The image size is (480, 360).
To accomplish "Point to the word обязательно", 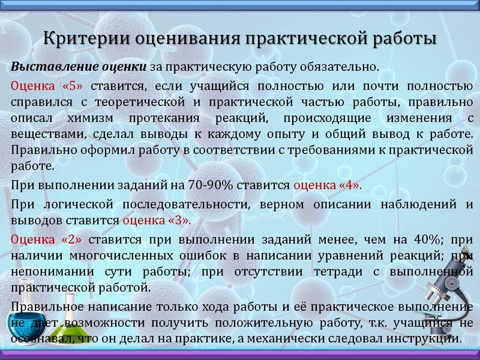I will pyautogui.click(x=341, y=65).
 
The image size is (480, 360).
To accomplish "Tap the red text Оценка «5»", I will pyautogui.click(x=49, y=85).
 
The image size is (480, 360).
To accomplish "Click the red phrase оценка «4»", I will pyautogui.click(x=328, y=185).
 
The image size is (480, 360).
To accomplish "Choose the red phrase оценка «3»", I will pyautogui.click(x=157, y=220).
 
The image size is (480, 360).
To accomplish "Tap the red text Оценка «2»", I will pyautogui.click(x=49, y=240).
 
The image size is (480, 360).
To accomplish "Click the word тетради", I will pyautogui.click(x=325, y=272).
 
